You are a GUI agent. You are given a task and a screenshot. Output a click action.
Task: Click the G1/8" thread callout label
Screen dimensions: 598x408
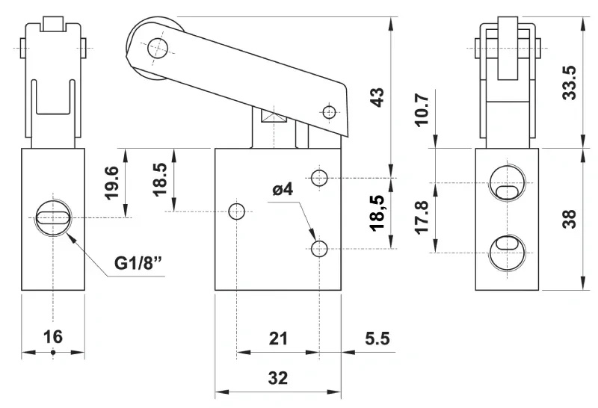140,264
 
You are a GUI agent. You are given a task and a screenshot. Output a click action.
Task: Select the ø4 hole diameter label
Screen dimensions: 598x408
283,189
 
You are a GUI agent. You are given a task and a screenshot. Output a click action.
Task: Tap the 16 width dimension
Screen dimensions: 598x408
52,337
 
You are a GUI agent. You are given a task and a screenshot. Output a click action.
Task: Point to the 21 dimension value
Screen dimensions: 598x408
278,339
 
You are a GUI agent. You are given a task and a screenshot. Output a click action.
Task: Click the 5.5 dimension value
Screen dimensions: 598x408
377,339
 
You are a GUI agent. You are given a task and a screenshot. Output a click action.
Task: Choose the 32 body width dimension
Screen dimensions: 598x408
278,378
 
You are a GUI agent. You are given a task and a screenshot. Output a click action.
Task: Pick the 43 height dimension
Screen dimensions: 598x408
377,98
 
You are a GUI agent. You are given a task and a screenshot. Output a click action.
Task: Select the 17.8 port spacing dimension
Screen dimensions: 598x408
422,217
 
